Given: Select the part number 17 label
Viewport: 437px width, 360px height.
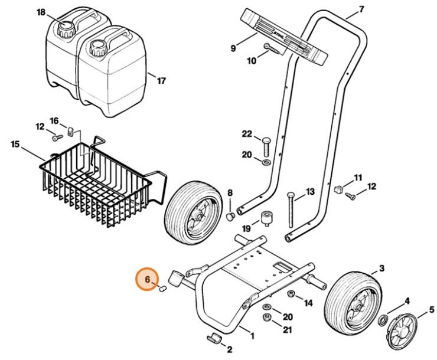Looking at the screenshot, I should point(161,81).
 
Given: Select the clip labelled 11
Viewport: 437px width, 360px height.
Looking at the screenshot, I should point(338,189).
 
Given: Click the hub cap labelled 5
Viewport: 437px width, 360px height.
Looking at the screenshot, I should point(408,326).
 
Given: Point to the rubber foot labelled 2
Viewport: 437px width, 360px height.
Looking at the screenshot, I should point(214,338).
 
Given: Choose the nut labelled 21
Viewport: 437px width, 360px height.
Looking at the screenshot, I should point(268,319).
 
